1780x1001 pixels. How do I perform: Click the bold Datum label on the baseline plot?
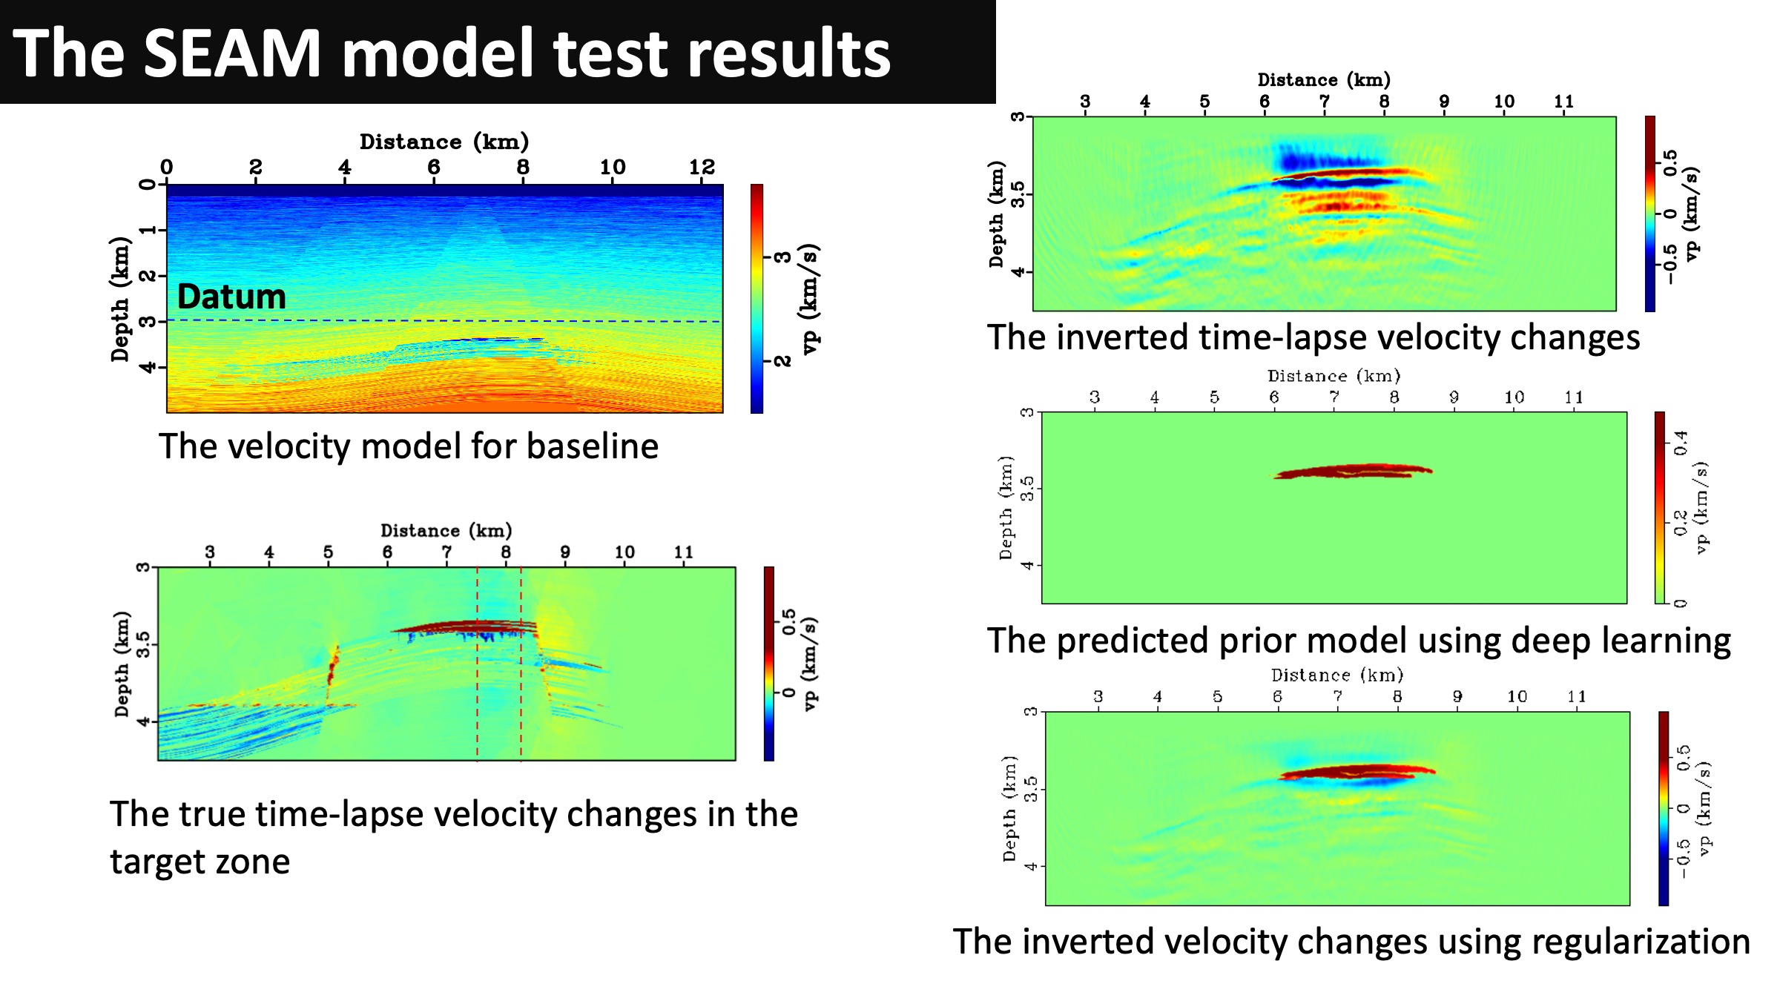pyautogui.click(x=231, y=297)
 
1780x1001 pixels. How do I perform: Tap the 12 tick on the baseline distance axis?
pyautogui.click(x=702, y=168)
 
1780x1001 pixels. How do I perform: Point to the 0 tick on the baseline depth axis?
pyautogui.click(x=148, y=184)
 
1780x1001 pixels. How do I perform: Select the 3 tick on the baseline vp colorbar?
pyautogui.click(x=783, y=257)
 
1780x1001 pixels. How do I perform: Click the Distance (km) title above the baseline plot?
pyautogui.click(x=444, y=142)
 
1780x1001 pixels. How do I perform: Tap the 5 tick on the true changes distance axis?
pyautogui.click(x=328, y=552)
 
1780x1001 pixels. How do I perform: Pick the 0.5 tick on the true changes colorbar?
pyautogui.click(x=788, y=621)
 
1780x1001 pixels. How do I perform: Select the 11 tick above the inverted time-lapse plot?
pyautogui.click(x=1563, y=102)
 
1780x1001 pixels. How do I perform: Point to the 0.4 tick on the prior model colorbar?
pyautogui.click(x=1681, y=443)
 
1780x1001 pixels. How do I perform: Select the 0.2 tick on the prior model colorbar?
pyautogui.click(x=1681, y=523)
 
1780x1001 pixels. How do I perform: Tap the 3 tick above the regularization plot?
pyautogui.click(x=1098, y=697)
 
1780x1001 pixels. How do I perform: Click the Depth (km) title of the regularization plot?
pyautogui.click(x=1009, y=808)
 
